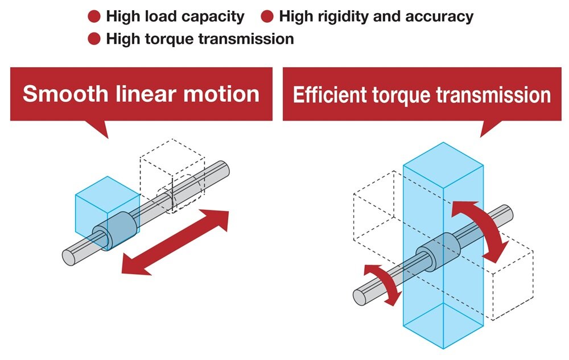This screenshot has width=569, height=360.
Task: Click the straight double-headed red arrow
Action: click(175, 242)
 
